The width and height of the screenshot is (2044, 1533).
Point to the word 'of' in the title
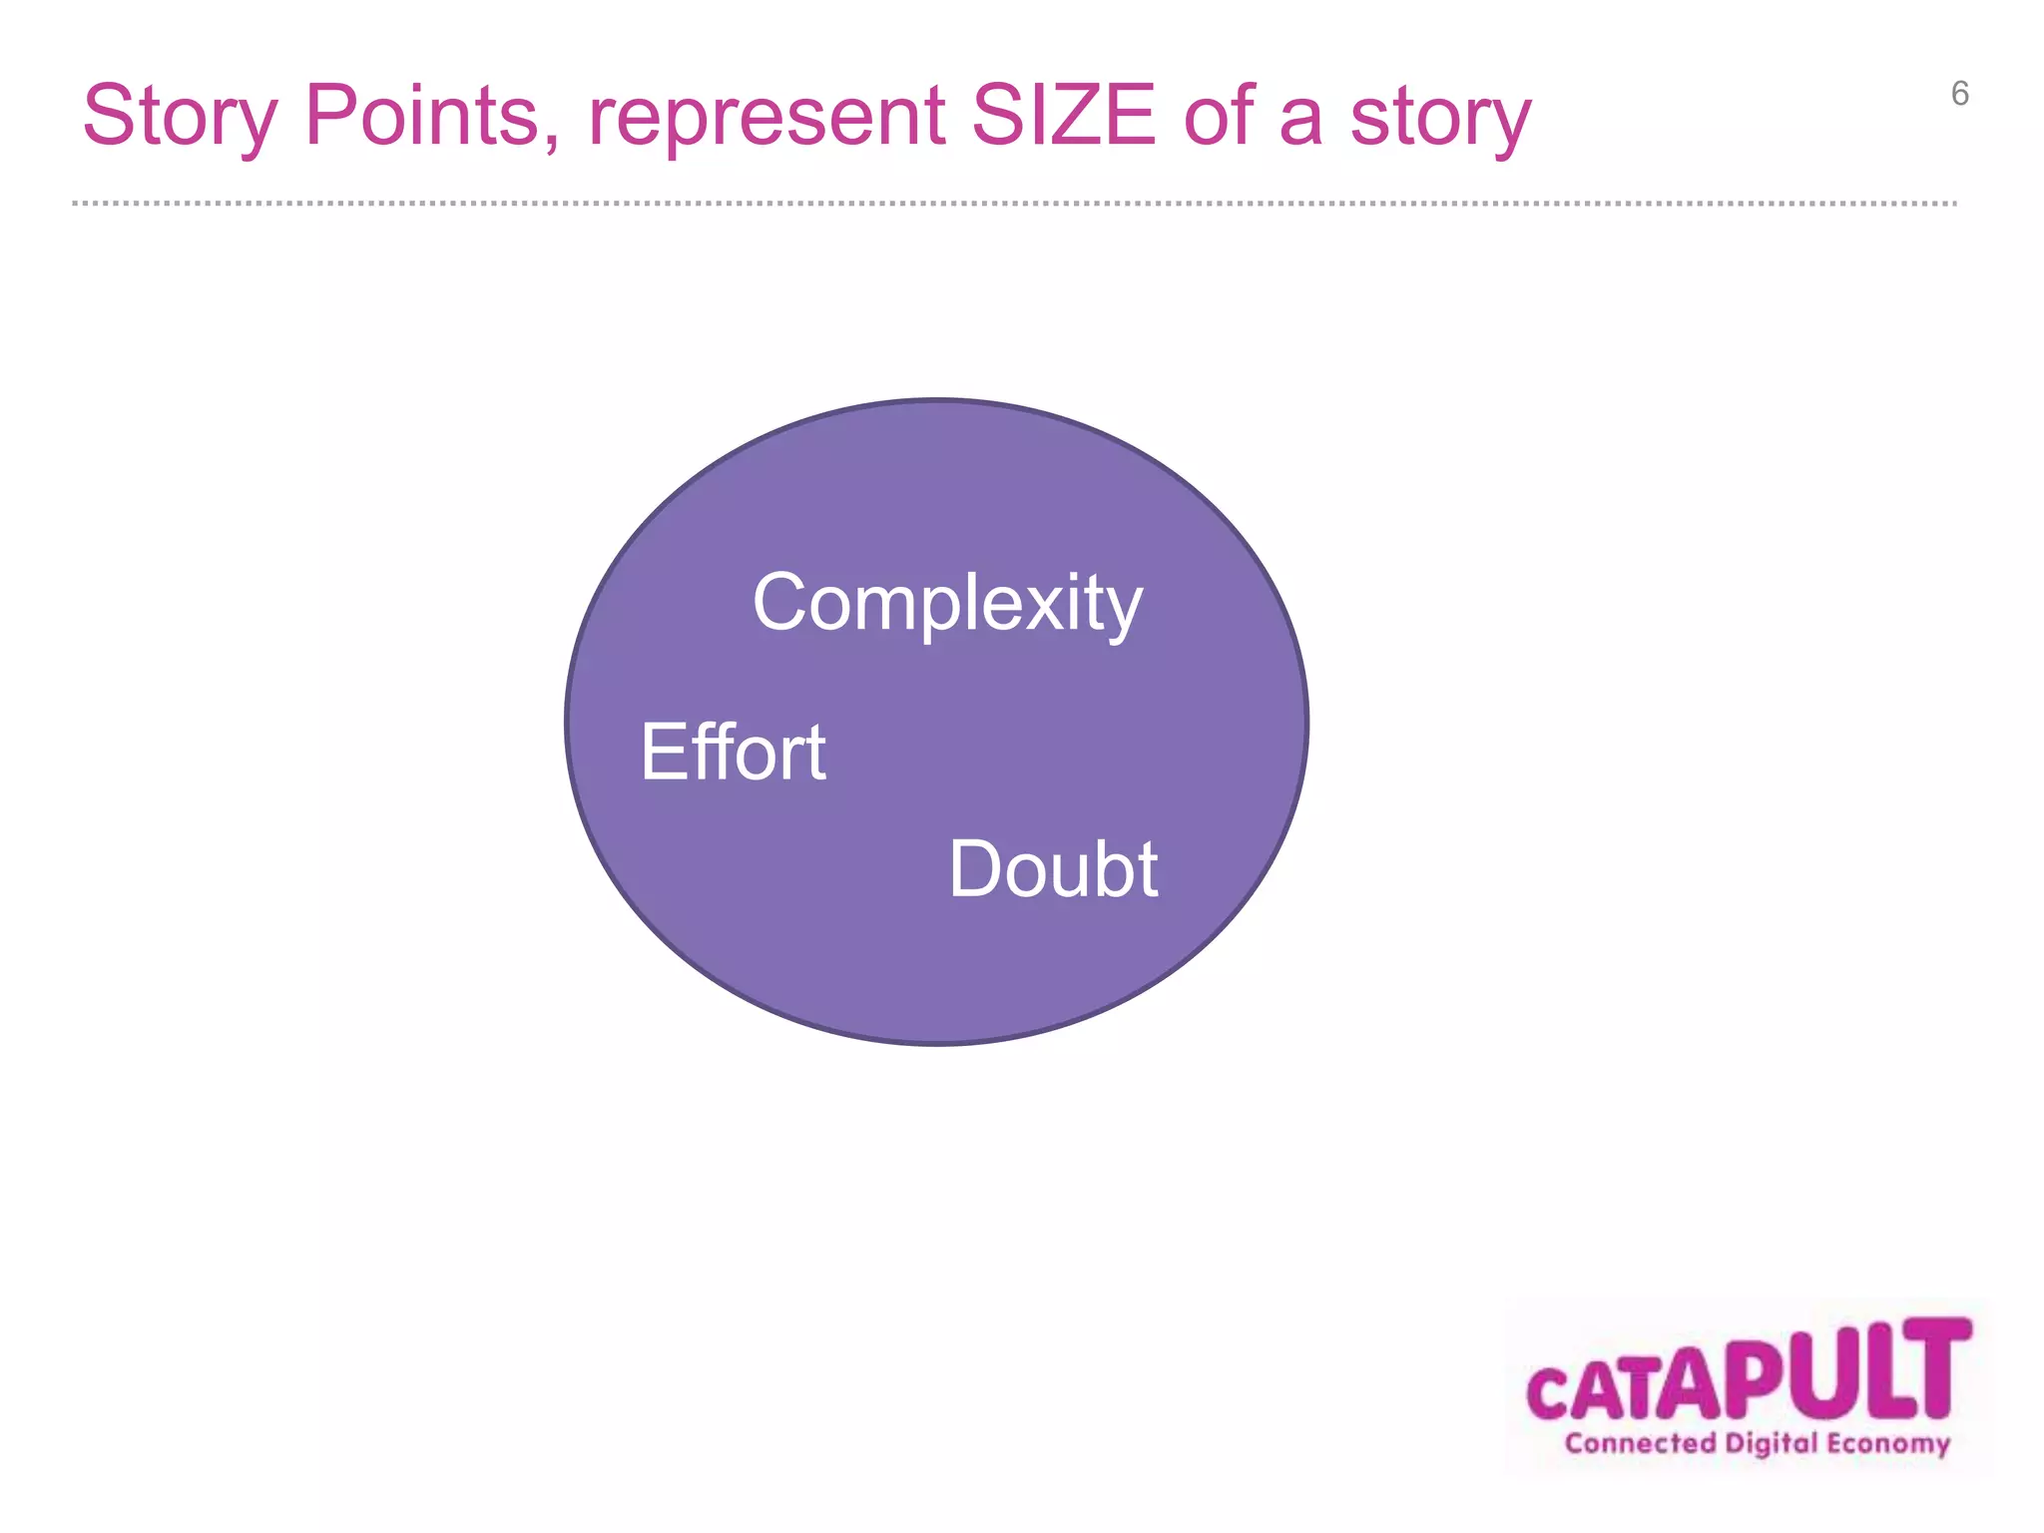pos(1219,116)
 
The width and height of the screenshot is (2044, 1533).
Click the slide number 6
pos(1959,94)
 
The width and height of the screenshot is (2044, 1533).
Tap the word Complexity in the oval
pos(946,604)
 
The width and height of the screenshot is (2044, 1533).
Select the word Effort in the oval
pos(733,752)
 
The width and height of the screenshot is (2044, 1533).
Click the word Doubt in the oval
pos(1053,869)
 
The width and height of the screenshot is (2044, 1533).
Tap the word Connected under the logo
pos(1640,1443)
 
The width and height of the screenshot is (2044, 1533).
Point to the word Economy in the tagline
pos(1888,1443)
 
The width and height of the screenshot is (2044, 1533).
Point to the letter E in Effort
pos(661,752)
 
